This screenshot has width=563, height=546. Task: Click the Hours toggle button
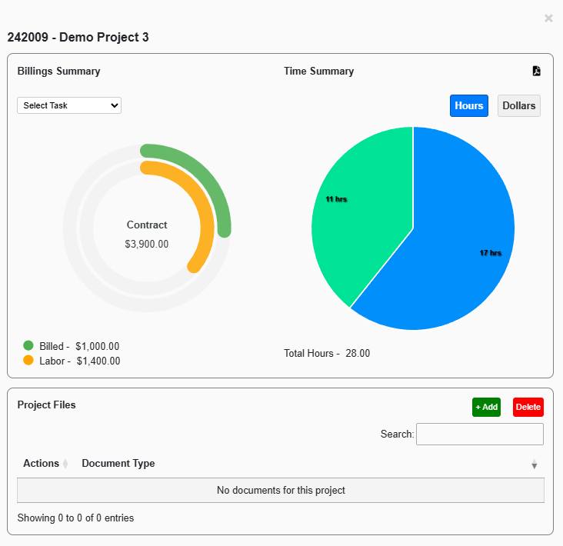[468, 106]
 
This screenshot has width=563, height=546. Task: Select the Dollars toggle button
[519, 106]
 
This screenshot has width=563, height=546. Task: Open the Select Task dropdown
[69, 105]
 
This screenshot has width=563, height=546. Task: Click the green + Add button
[486, 407]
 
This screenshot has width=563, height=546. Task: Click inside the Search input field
[479, 434]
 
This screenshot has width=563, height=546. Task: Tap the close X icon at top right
[548, 18]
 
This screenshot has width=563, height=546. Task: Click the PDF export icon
[537, 71]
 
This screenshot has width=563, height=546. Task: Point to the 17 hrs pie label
[491, 253]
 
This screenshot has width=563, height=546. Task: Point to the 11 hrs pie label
[336, 199]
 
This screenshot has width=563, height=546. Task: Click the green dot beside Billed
[28, 346]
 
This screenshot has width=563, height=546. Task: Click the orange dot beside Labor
[28, 360]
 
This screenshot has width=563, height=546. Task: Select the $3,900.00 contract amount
[146, 244]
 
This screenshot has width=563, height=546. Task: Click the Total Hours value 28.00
[358, 354]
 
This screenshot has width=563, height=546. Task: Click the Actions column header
[41, 463]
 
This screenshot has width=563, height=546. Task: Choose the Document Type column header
[118, 463]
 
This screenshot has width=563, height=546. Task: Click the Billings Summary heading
[58, 71]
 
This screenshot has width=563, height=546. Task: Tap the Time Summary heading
[318, 71]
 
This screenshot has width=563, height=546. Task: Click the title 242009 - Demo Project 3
[78, 37]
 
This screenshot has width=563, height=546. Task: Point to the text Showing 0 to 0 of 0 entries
[75, 518]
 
